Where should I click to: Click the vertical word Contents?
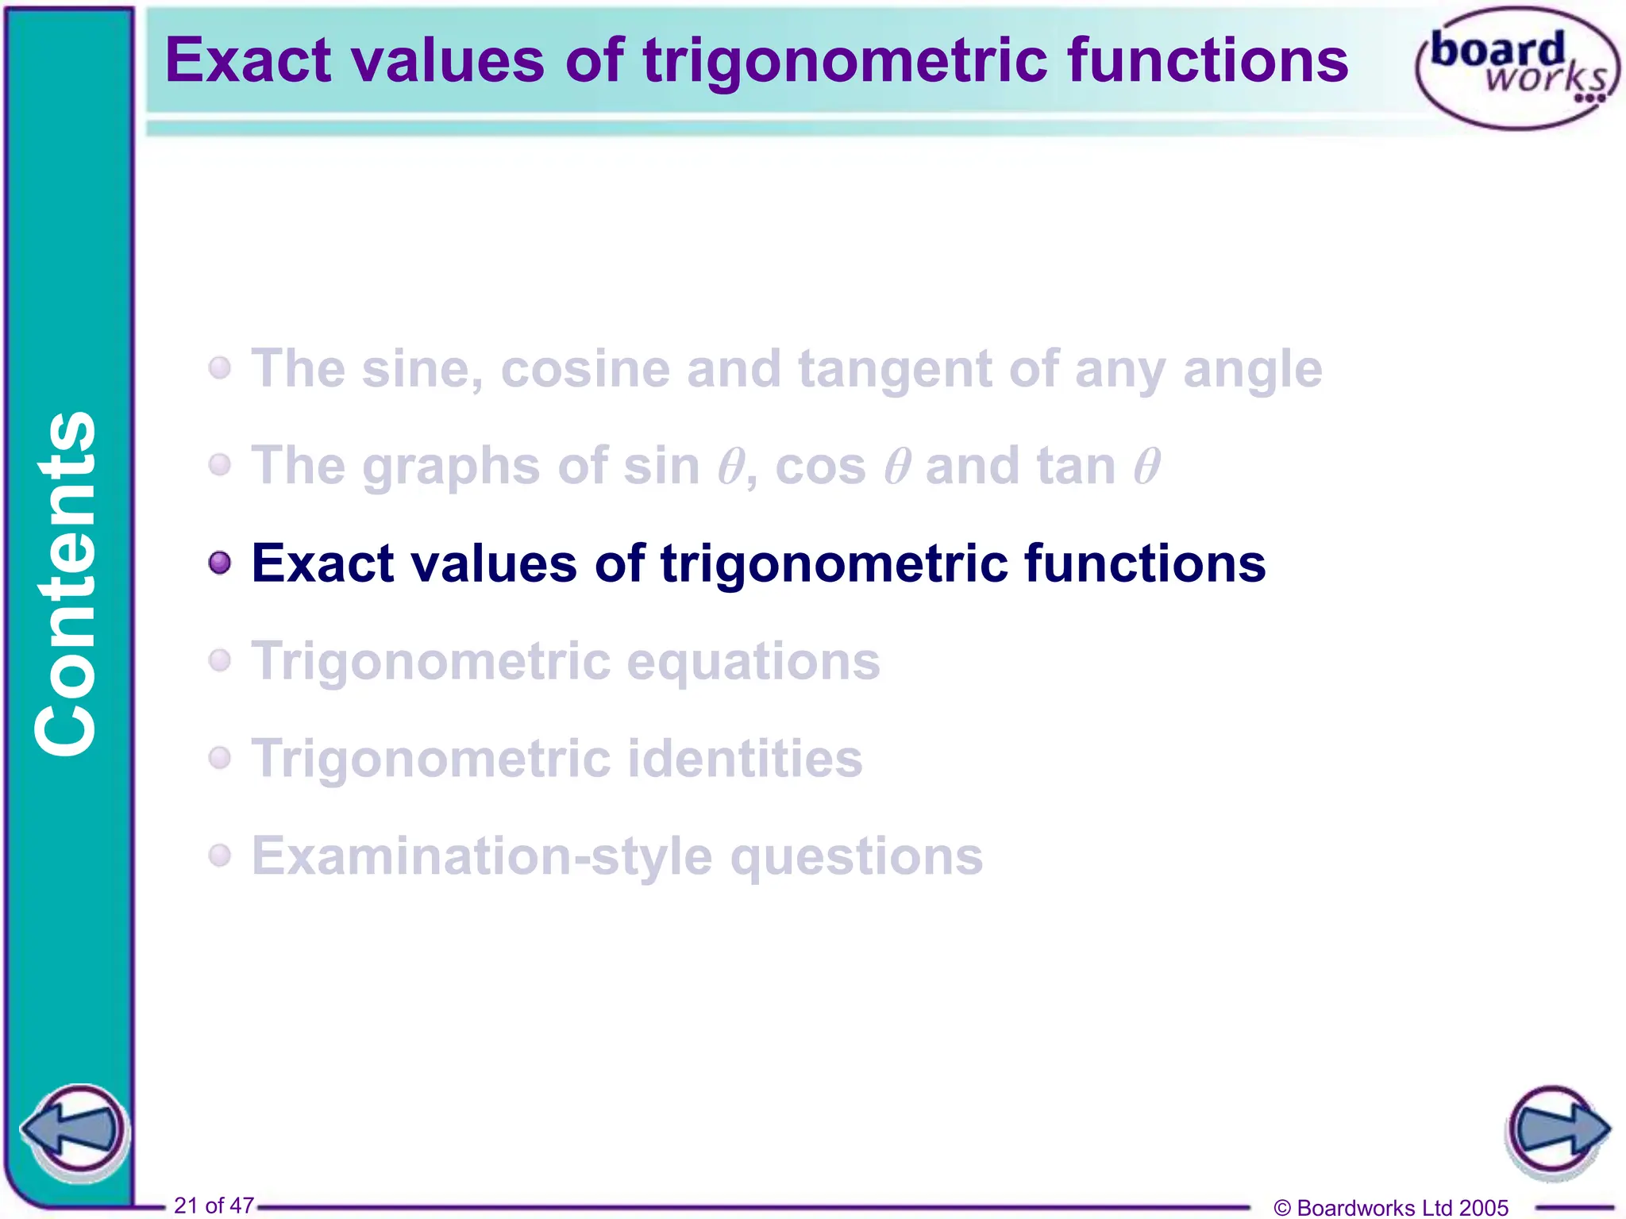click(67, 583)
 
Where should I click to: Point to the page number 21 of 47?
click(214, 1205)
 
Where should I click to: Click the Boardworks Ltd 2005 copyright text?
click(1391, 1207)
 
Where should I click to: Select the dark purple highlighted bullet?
click(220, 563)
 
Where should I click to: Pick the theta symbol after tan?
click(1146, 466)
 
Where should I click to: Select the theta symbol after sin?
click(730, 466)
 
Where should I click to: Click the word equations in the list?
click(753, 661)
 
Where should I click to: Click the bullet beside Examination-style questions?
click(220, 856)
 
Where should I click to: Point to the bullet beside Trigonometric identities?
click(220, 758)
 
